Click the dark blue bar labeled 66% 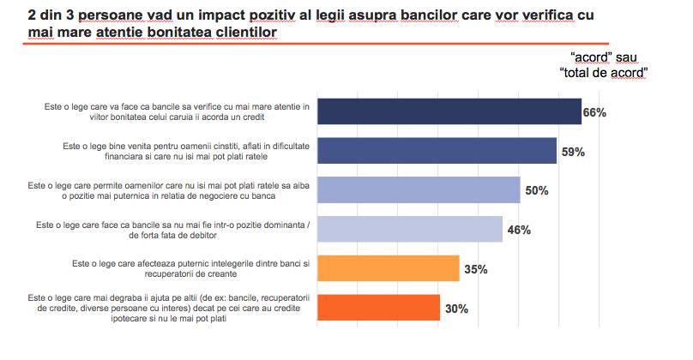click(449, 112)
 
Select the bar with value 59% click(437, 151)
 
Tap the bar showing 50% click(419, 190)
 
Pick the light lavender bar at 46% click(410, 229)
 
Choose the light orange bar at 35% click(389, 268)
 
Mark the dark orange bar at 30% click(379, 307)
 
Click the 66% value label click(595, 113)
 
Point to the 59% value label click(572, 152)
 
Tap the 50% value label click(536, 191)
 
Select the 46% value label click(518, 230)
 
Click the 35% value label click(475, 269)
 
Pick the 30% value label click(455, 308)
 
